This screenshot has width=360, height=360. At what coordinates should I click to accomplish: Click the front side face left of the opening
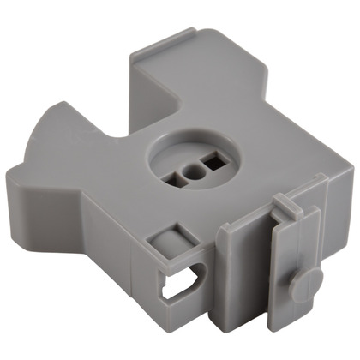coord(103,249)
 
